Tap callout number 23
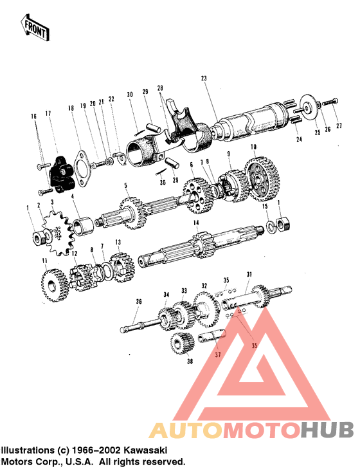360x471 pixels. click(x=204, y=78)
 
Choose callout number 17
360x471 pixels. click(x=48, y=114)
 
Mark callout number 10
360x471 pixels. click(x=254, y=147)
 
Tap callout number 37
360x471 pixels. click(x=217, y=355)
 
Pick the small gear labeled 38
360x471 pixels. click(x=182, y=344)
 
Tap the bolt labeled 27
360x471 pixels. click(x=330, y=102)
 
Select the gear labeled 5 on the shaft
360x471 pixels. click(x=130, y=213)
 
